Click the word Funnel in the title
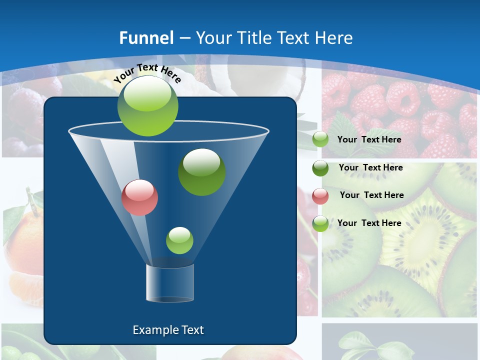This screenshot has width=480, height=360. (146, 38)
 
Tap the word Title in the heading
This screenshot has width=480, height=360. (254, 38)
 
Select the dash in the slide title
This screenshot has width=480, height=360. (184, 38)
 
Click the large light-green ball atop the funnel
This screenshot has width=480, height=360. (148, 106)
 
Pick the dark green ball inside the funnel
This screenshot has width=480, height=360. (202, 172)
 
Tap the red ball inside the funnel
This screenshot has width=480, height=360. (140, 197)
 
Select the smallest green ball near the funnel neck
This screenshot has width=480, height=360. (179, 240)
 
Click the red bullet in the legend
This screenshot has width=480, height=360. (320, 195)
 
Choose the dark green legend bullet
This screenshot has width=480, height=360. (320, 168)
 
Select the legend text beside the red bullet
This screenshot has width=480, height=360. (371, 195)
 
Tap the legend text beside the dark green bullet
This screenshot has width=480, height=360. (370, 167)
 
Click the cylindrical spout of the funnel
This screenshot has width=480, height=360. (170, 283)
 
